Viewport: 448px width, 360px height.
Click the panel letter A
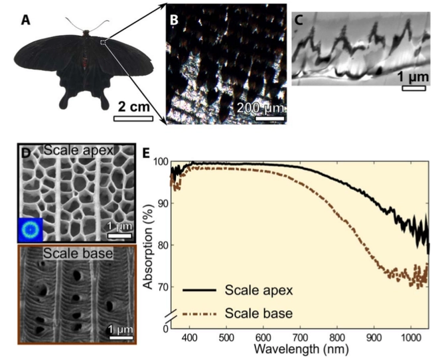click(25, 20)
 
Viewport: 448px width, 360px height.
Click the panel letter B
click(174, 20)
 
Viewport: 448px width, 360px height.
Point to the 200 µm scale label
click(261, 108)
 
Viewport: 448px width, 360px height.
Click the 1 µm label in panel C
click(413, 77)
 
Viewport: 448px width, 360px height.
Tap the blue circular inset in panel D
click(30, 229)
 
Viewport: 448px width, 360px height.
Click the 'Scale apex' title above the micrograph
click(70, 152)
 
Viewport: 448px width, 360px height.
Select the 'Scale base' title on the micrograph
click(70, 253)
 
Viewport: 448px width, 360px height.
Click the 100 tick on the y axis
click(159, 161)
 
